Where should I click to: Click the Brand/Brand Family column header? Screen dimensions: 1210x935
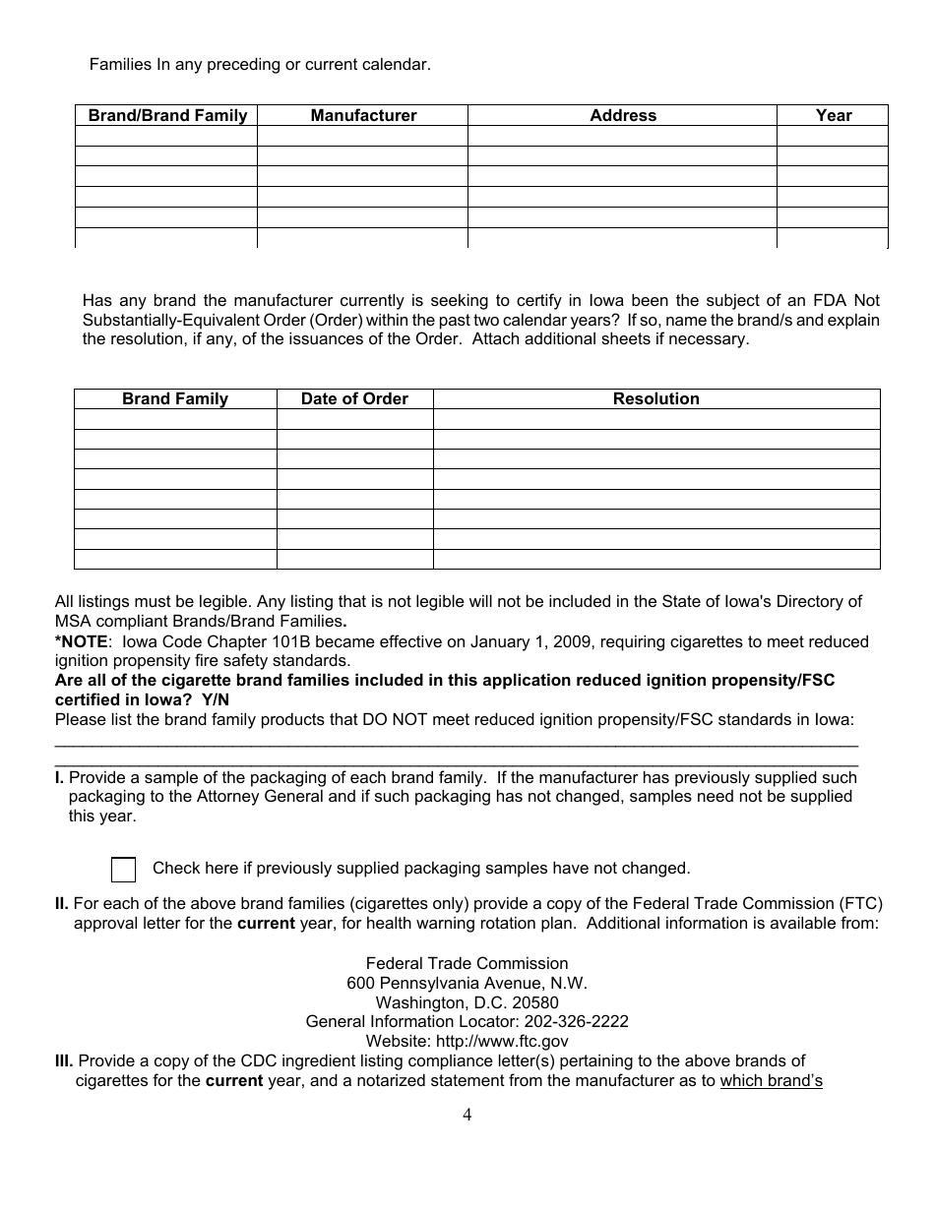tap(167, 116)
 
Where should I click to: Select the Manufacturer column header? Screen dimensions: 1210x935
tap(363, 116)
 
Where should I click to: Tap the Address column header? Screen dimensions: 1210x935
tap(623, 116)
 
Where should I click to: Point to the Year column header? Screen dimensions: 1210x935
tap(834, 116)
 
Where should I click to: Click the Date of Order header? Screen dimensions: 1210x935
tap(354, 399)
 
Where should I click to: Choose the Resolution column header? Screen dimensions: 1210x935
tap(656, 399)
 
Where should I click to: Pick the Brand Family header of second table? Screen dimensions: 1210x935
tap(175, 399)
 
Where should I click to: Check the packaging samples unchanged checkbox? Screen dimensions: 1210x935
tap(124, 870)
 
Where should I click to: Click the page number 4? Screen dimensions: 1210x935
tap(467, 1115)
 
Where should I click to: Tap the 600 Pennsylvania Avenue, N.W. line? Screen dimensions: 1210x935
tap(467, 983)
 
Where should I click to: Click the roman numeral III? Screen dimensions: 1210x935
tap(64, 1060)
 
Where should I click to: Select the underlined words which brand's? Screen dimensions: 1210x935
tap(771, 1081)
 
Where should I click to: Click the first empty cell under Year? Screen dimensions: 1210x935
tap(834, 136)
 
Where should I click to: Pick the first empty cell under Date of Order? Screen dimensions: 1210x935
tap(354, 419)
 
